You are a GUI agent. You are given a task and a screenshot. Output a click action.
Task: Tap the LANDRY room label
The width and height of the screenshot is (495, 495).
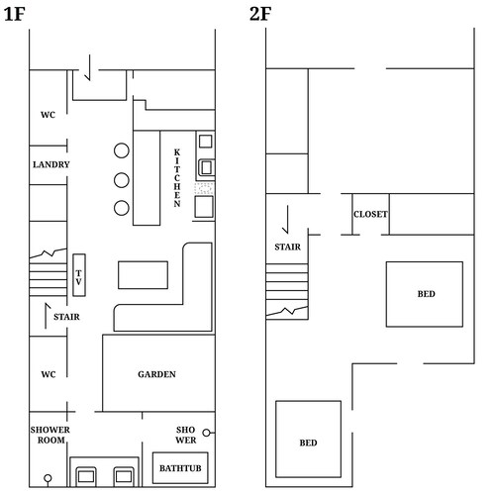pos(49,164)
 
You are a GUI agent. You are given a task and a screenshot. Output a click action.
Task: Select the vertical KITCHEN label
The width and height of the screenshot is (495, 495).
pos(177,178)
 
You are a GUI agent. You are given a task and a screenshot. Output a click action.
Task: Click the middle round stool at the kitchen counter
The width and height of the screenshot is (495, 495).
pos(122,180)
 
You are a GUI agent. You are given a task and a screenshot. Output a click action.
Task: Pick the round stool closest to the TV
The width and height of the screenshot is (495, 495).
pos(122,208)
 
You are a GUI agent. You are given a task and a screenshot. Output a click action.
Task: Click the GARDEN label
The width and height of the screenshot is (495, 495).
pos(157,374)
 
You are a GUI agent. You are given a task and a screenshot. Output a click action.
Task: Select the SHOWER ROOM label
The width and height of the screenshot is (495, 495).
pos(49,435)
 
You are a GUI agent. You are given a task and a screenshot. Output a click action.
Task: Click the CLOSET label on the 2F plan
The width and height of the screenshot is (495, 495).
pos(370,215)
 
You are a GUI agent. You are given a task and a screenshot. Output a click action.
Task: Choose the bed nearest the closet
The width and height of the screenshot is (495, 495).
pos(425,294)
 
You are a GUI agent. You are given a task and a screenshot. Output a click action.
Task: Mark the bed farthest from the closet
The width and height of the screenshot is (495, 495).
pos(309,443)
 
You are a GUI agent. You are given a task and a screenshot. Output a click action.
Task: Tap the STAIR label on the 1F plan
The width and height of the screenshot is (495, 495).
pos(67,317)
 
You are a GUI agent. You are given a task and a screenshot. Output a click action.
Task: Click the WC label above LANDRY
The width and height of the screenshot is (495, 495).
pos(48,115)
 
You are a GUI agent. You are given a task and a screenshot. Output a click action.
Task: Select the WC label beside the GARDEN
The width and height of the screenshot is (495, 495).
pos(48,374)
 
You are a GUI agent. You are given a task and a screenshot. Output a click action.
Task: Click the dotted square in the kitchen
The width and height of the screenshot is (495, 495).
pos(205,186)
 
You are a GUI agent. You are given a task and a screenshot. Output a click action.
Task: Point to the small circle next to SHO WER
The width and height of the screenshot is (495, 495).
pos(207,433)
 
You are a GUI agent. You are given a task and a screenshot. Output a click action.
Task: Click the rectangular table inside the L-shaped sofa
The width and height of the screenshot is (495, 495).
pos(144,273)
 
